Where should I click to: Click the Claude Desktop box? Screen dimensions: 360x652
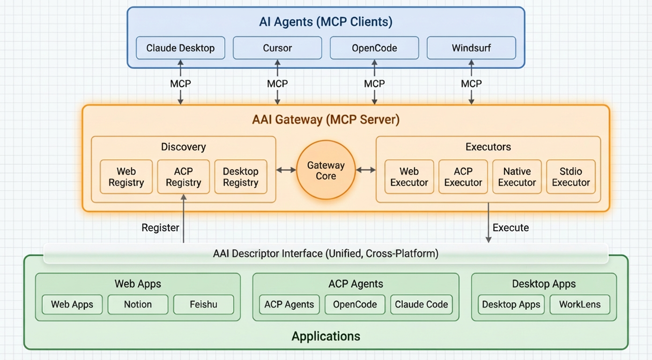180,48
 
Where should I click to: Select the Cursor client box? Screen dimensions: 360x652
277,48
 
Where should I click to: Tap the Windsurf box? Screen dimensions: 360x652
471,48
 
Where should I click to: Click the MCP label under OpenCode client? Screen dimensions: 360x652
374,83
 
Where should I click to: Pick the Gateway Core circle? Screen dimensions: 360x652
326,171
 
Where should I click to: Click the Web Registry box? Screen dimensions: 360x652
126,177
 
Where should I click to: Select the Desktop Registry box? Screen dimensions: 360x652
240,177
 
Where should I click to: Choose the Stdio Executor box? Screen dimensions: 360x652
570,177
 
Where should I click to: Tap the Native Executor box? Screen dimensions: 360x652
517,177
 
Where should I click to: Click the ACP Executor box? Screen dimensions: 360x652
463,177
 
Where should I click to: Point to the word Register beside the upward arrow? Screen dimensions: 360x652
160,228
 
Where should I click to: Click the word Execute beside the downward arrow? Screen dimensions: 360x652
511,228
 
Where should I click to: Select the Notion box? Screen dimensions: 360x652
138,304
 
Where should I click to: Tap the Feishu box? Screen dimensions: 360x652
203,304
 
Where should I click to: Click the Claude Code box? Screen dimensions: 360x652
421,304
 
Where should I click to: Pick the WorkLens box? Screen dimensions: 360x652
579,304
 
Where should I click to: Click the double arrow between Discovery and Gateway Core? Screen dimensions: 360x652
286,170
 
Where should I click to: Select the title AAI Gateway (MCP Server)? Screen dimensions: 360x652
326,120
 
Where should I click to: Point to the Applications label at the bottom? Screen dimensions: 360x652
326,336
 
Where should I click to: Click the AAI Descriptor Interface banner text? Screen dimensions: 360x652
326,254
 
